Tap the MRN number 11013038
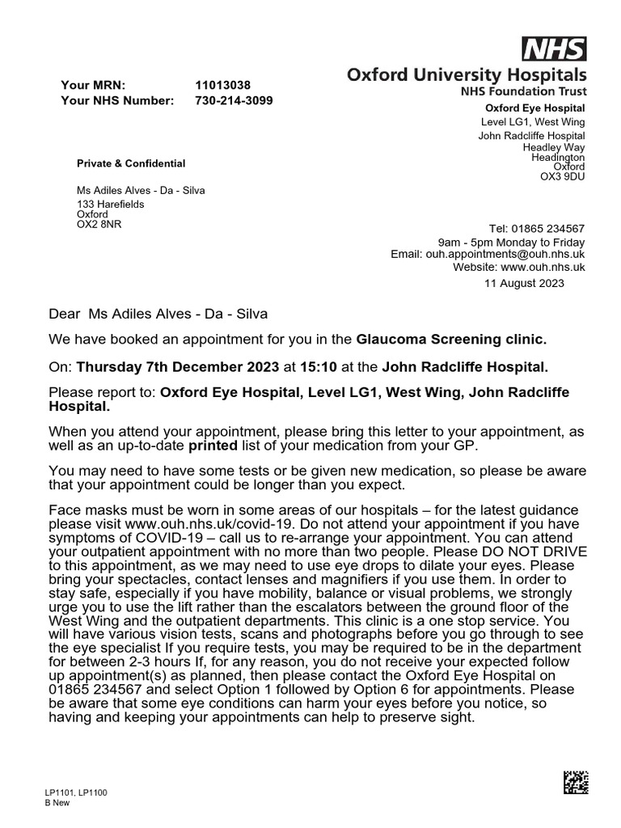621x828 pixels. pos(222,85)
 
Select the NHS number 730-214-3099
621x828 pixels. pos(234,100)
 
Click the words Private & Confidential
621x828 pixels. pos(131,163)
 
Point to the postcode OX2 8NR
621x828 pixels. pos(99,224)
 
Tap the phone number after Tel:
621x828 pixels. pos(548,229)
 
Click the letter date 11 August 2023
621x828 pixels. pos(524,283)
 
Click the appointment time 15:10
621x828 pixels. pos(317,366)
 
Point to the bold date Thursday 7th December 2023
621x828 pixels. pos(178,366)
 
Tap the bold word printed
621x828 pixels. pos(213,445)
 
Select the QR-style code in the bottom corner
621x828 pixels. pos(576,782)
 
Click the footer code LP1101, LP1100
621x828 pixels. pos(76,792)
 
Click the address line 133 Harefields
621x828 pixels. pos(111,204)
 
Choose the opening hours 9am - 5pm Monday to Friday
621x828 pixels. pos(511,243)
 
